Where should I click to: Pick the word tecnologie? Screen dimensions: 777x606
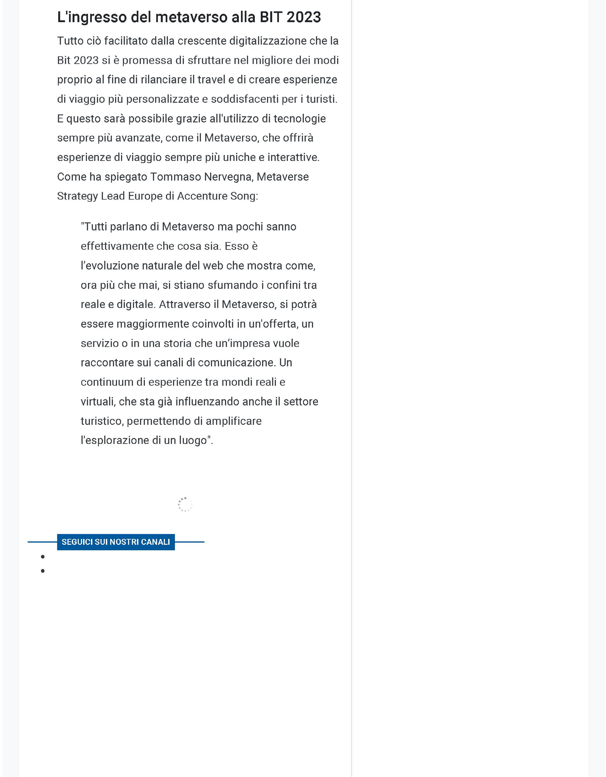(300, 118)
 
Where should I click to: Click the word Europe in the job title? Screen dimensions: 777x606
(145, 196)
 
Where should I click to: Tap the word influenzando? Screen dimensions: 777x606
(207, 402)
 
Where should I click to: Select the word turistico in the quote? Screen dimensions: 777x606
(102, 421)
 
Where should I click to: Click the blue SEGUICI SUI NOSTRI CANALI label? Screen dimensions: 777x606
(116, 542)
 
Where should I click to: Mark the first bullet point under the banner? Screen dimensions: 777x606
(43, 557)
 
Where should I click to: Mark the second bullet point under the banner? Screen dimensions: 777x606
(43, 571)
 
